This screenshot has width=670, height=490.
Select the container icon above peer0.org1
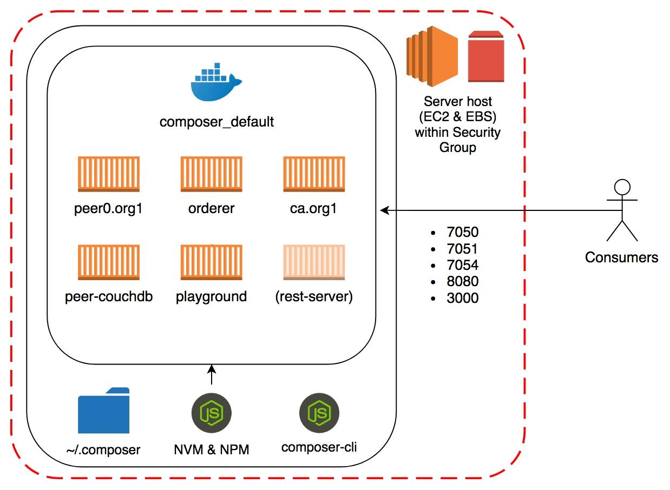pos(108,174)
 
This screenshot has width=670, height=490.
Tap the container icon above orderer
pos(211,174)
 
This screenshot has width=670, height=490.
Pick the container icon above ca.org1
pos(314,174)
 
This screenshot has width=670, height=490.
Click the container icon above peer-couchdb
pos(108,262)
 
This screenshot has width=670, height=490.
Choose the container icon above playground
pos(211,262)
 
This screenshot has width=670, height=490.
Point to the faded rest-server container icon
pos(314,262)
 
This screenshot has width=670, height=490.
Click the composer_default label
pos(216,122)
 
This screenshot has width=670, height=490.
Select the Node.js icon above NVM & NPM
pos(212,413)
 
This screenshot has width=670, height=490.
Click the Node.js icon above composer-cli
pos(319,413)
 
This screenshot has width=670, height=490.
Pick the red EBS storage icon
pos(486,57)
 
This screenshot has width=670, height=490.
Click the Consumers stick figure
pos(622,211)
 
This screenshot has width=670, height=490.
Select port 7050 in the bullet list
pos(463,233)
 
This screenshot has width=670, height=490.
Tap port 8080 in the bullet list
pos(463,281)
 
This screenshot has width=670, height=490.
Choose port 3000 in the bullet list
pos(463,298)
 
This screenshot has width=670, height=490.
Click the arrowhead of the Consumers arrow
pos(384,210)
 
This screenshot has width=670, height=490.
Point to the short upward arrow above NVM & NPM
pos(212,374)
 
